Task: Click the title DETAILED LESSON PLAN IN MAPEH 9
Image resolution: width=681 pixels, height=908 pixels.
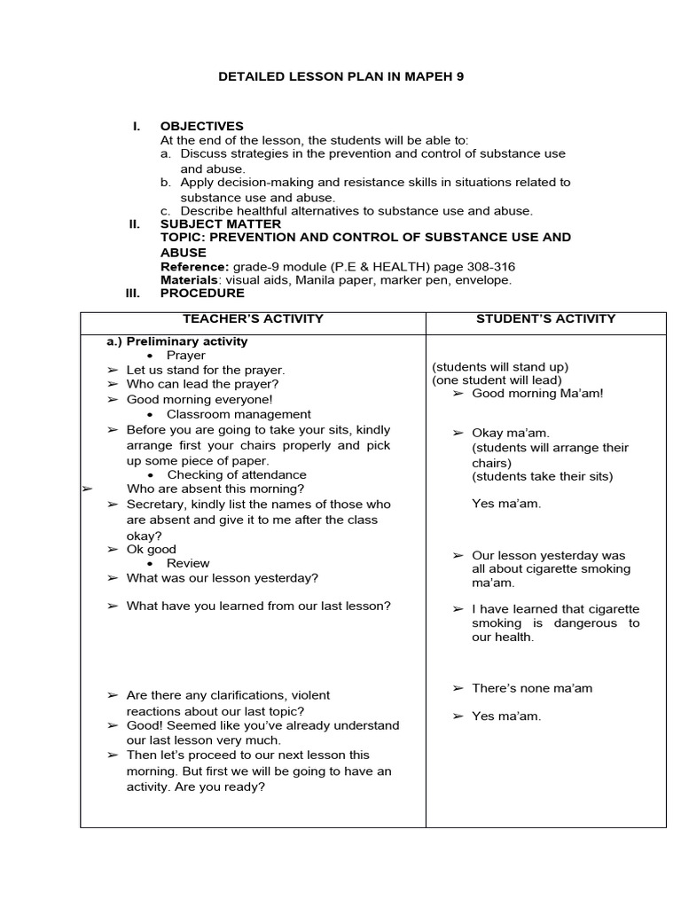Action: coord(340,77)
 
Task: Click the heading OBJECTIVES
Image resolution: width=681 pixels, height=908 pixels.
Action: coord(201,126)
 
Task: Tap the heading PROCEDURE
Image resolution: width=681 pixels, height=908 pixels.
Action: coord(202,294)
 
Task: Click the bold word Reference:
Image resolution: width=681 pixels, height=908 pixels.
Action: coord(194,267)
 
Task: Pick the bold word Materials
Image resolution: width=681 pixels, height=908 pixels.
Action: coord(189,280)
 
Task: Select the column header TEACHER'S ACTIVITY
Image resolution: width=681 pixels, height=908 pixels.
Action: coord(253,319)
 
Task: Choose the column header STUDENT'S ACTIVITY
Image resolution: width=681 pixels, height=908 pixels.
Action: coord(546,319)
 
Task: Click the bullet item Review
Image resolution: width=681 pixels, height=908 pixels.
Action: coord(188,563)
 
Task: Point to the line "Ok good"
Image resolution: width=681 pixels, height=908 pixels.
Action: coord(152,550)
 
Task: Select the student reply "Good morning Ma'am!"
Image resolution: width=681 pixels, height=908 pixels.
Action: coord(537,393)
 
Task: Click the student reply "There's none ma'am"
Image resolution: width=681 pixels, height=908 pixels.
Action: coord(532,688)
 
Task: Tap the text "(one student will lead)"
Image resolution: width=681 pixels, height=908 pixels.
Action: coord(497,380)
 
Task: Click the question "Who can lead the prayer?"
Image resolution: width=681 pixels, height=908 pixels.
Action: coord(202,384)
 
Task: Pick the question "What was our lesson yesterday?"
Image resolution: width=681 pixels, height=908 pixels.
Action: coord(222,578)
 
